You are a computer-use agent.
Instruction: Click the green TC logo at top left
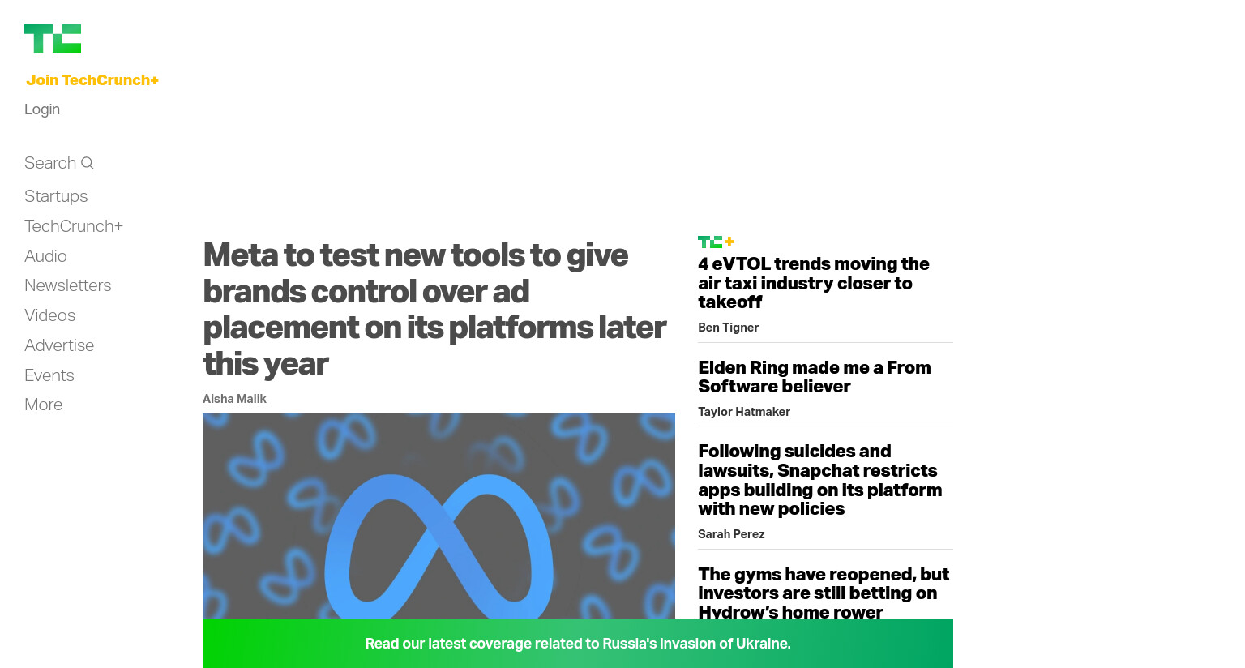pyautogui.click(x=53, y=38)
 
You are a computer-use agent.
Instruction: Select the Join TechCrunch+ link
pyautogui.click(x=92, y=80)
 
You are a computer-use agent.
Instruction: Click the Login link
pyautogui.click(x=42, y=109)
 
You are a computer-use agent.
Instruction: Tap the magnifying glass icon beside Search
pyautogui.click(x=88, y=163)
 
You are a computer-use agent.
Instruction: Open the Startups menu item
pyautogui.click(x=56, y=196)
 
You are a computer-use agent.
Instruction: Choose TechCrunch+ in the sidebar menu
pyautogui.click(x=74, y=226)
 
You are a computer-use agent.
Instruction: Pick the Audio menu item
pyautogui.click(x=45, y=256)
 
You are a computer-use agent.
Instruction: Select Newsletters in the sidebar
pyautogui.click(x=68, y=285)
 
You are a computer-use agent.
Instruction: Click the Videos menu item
pyautogui.click(x=50, y=315)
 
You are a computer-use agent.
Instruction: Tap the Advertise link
pyautogui.click(x=59, y=345)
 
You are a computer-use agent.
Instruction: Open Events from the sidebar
pyautogui.click(x=49, y=375)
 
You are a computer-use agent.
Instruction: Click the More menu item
pyautogui.click(x=43, y=405)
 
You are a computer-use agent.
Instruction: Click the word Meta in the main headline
pyautogui.click(x=241, y=255)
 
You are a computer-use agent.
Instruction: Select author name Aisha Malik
pyautogui.click(x=234, y=399)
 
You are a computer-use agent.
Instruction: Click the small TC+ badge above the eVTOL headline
pyautogui.click(x=717, y=242)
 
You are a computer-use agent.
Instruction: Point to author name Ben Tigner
pyautogui.click(x=728, y=328)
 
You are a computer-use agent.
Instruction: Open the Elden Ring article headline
pyautogui.click(x=815, y=377)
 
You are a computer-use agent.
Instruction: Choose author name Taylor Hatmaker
pyautogui.click(x=743, y=412)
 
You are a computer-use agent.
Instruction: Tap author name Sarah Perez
pyautogui.click(x=731, y=534)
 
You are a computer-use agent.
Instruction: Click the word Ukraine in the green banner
pyautogui.click(x=763, y=644)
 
